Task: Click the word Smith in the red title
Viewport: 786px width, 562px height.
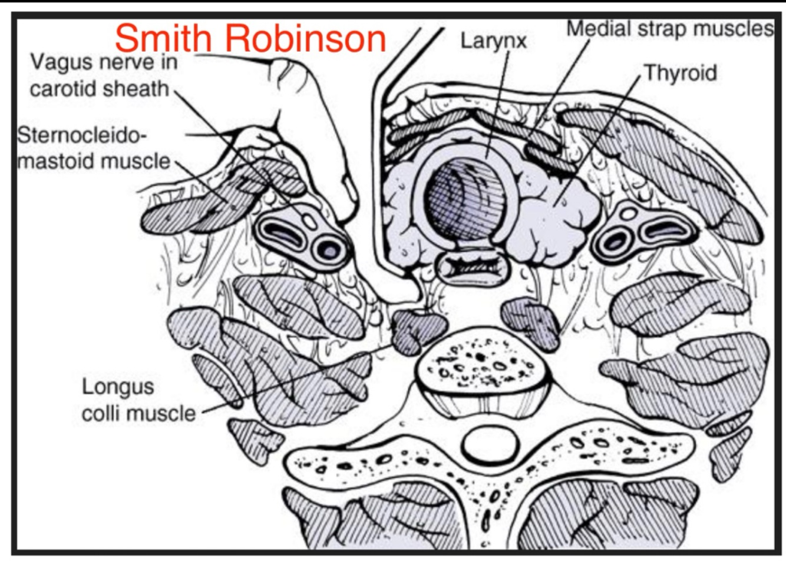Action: click(x=163, y=38)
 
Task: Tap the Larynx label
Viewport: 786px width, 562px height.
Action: click(x=494, y=41)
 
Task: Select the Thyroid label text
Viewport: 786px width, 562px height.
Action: click(x=681, y=73)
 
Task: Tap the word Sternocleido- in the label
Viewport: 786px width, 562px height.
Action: click(x=81, y=135)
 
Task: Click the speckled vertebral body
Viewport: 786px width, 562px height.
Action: click(x=482, y=365)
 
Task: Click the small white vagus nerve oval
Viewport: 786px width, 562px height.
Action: click(x=309, y=221)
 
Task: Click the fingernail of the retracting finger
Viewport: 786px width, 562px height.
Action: click(x=348, y=188)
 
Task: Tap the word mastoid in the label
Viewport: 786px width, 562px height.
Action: click(x=56, y=160)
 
